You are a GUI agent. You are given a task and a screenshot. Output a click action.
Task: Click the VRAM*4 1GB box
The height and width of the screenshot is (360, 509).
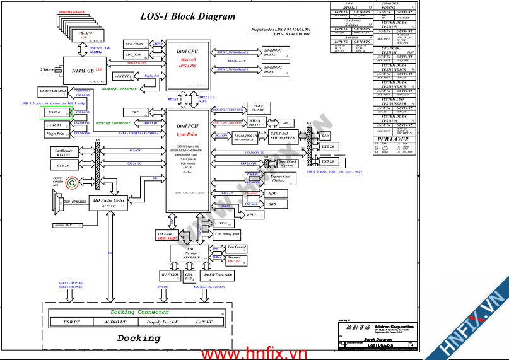click(84, 35)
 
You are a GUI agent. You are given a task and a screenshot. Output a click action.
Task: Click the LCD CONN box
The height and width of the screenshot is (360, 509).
click(134, 44)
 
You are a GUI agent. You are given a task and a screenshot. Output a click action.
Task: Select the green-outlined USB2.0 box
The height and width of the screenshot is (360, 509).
click(54, 112)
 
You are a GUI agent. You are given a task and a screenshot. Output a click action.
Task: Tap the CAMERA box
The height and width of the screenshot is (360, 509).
click(54, 125)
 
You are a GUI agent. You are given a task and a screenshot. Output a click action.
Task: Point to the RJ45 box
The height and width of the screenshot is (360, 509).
click(325, 135)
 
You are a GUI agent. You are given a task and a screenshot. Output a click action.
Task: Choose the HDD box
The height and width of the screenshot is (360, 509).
click(272, 194)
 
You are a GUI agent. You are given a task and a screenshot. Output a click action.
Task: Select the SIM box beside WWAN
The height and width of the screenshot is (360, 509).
click(286, 122)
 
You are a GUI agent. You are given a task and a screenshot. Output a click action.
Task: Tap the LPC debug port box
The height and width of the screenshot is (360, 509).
click(226, 234)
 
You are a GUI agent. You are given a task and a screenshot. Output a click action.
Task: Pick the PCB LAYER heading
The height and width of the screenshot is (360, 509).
click(393, 139)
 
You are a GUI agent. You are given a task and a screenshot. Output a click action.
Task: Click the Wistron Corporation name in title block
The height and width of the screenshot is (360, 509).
click(390, 327)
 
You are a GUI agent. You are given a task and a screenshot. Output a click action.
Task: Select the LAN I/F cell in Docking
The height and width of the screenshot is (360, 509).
click(204, 322)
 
